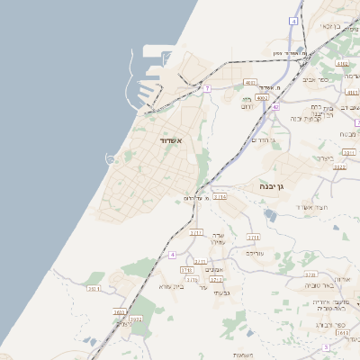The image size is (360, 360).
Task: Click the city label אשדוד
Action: [x=170, y=141]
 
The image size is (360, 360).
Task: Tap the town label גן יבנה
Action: [x=272, y=185]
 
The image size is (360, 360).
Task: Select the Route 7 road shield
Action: [x=207, y=87]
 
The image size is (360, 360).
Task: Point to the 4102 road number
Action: [x=341, y=64]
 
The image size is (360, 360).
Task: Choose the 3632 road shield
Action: [x=136, y=319]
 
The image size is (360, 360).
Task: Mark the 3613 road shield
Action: [x=340, y=333]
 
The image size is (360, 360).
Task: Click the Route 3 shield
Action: [x=325, y=346]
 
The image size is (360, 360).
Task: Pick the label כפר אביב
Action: [x=328, y=78]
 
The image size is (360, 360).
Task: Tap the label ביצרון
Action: [x=324, y=158]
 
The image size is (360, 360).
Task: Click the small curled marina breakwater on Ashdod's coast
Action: [x=110, y=159]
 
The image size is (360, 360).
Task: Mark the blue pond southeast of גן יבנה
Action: [x=271, y=215]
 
